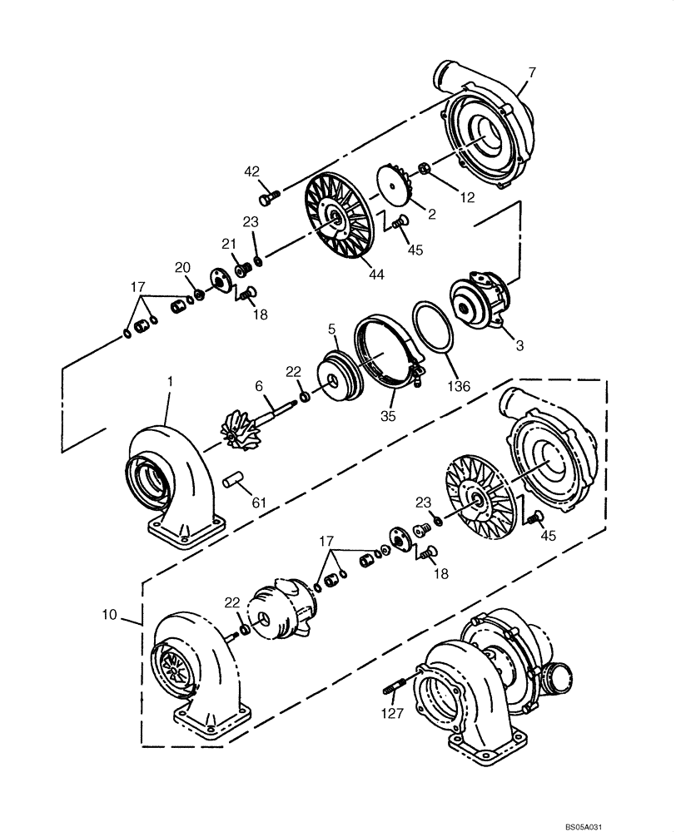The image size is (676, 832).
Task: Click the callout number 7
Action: click(x=532, y=72)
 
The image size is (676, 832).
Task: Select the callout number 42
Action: click(x=252, y=172)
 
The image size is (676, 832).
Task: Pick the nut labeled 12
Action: click(x=423, y=169)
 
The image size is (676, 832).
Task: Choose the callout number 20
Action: click(x=182, y=267)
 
